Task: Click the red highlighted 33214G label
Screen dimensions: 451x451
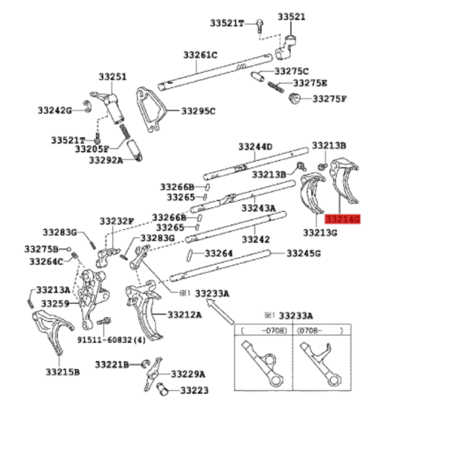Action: tap(342, 219)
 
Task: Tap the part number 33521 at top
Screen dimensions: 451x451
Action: tap(292, 17)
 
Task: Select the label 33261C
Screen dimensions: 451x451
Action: tap(201, 55)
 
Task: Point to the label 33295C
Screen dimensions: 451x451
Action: tap(198, 111)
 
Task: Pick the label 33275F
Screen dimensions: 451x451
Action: tap(330, 99)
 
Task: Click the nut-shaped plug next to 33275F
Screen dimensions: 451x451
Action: tap(294, 98)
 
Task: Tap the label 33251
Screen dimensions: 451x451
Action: tap(113, 77)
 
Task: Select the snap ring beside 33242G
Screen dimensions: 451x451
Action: tap(87, 107)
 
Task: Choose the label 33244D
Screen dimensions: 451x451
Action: tap(255, 147)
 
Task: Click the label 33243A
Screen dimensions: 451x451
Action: tap(259, 207)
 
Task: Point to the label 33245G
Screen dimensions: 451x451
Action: tap(304, 253)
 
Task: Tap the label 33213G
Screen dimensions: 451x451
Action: tap(320, 232)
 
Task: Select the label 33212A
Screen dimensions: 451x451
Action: tap(185, 315)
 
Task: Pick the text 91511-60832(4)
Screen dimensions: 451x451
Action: tap(111, 340)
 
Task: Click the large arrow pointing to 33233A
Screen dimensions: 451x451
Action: tap(220, 311)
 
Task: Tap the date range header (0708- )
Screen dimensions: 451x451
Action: tap(320, 331)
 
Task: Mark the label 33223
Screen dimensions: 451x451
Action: tap(195, 391)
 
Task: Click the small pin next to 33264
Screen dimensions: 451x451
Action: tap(189, 256)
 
